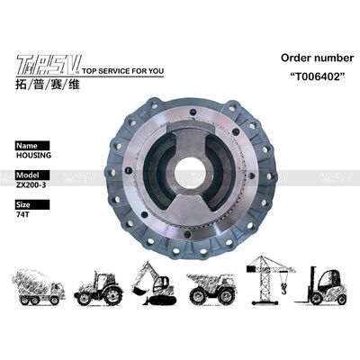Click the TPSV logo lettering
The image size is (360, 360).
(49, 64)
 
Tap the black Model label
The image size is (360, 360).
(30, 175)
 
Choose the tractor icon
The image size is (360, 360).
(99, 285)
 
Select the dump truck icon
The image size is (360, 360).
(211, 285)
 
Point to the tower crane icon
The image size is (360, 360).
(265, 274)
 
